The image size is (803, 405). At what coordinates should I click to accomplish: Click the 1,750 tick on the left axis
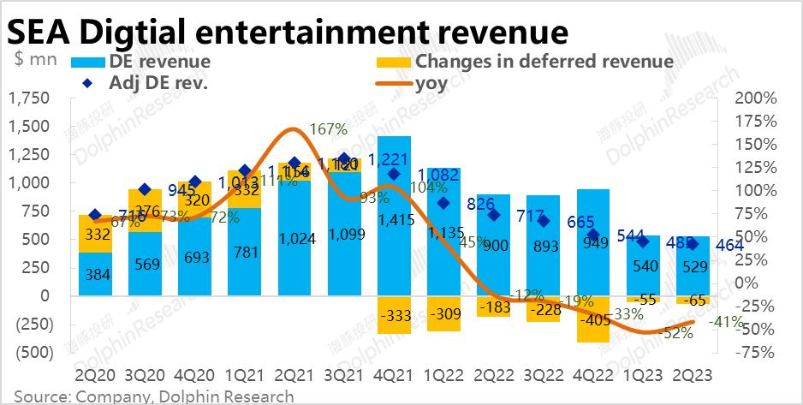(28, 99)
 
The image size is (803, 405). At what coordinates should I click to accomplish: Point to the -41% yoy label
(729, 323)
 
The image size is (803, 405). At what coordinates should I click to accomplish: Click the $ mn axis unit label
(36, 59)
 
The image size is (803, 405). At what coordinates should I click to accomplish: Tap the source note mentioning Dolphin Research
(153, 396)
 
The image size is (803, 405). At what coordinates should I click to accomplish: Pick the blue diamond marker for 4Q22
(593, 236)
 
